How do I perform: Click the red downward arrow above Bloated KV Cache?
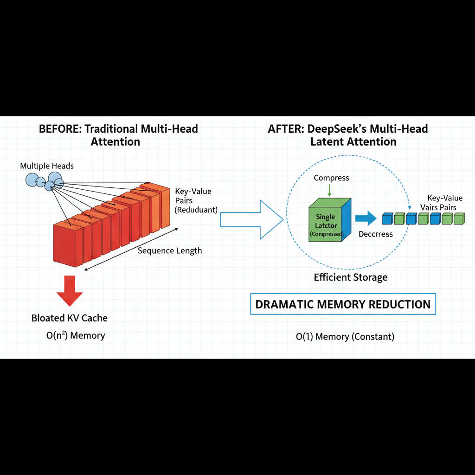(70, 290)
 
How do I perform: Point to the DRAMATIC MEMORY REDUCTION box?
(343, 304)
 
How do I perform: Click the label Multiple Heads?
(47, 166)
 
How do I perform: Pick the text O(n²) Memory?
(76, 335)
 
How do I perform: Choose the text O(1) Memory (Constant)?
(345, 336)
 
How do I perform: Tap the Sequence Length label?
(170, 250)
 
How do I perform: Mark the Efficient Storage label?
(351, 277)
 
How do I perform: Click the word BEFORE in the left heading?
(59, 128)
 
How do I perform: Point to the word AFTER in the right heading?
(283, 128)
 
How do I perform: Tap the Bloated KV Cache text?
(70, 318)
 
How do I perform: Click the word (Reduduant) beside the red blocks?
(196, 210)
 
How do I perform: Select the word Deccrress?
(376, 234)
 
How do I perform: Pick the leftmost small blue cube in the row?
(387, 218)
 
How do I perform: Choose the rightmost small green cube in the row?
(459, 218)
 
